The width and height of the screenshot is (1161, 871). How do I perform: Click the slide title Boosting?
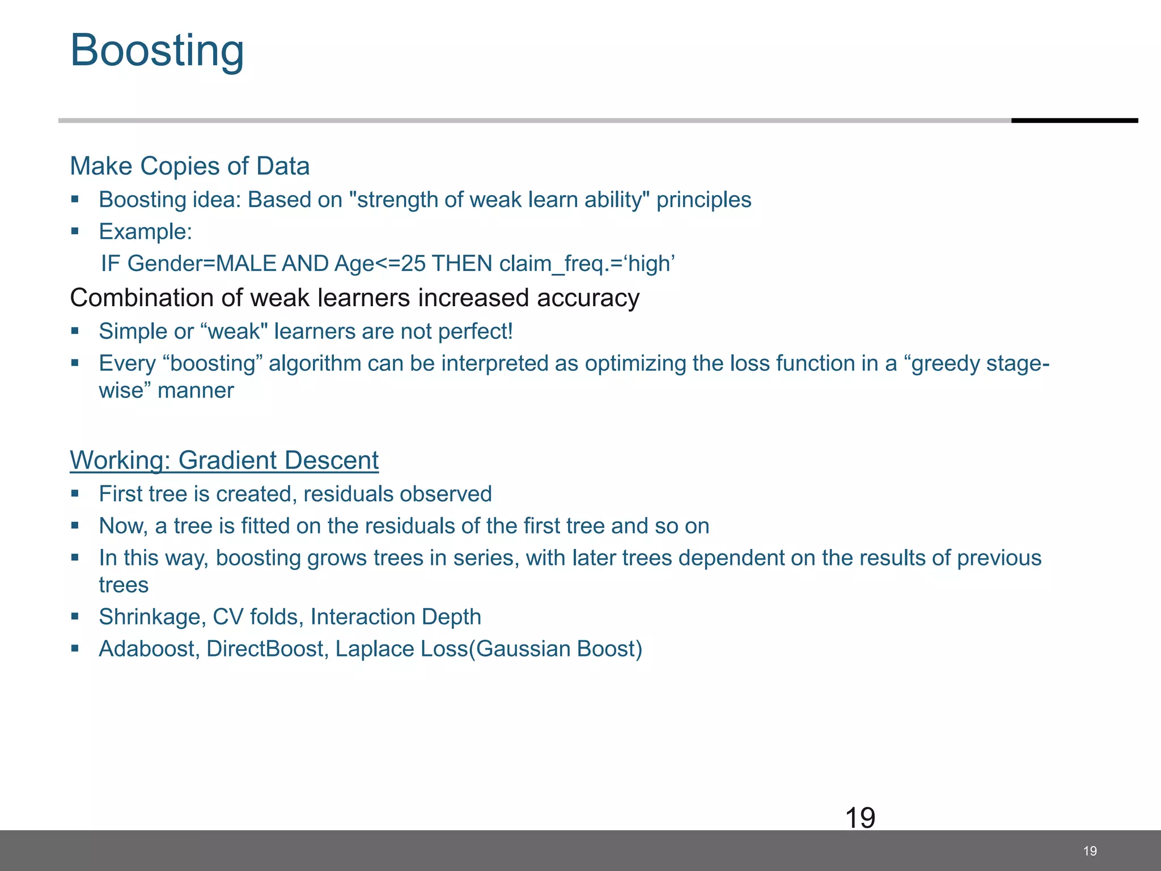[157, 51]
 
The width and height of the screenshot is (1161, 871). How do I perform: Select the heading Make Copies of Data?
[189, 166]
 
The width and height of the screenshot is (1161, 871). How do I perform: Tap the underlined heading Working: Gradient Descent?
[224, 460]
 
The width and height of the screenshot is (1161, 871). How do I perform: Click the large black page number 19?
[860, 818]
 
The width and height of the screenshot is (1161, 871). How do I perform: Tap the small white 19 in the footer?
[1090, 851]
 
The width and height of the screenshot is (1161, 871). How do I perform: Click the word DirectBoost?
[264, 649]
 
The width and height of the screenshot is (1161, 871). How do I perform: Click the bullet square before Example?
[75, 231]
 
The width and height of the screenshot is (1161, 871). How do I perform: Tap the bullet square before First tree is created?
[75, 493]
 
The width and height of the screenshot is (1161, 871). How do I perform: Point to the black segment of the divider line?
[1074, 120]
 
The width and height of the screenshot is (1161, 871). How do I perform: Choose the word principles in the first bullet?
[704, 200]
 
